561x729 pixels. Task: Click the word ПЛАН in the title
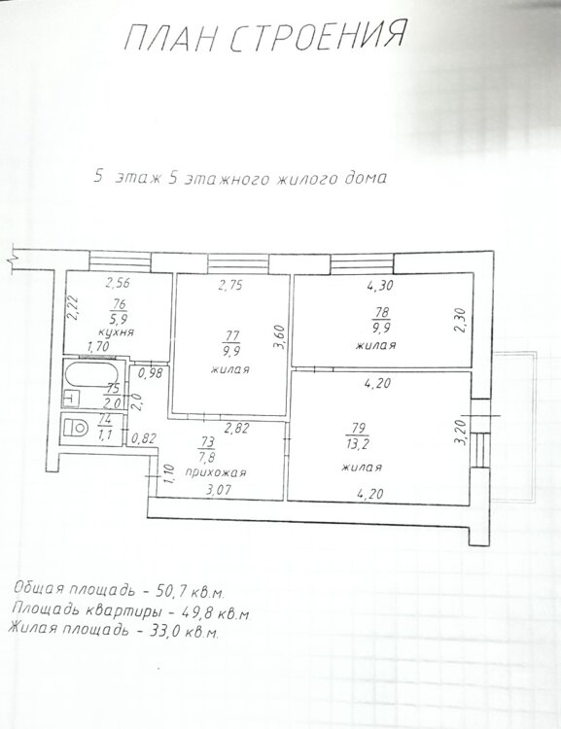(x=170, y=38)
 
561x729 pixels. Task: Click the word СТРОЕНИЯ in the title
(x=319, y=34)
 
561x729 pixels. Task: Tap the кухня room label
(x=117, y=332)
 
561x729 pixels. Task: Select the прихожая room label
(x=216, y=472)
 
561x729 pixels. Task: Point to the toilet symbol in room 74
(x=76, y=428)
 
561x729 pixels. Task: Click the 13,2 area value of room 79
(x=358, y=444)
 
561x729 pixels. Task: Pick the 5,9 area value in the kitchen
(x=120, y=320)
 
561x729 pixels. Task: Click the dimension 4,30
(x=379, y=286)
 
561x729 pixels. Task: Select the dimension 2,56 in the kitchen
(x=118, y=282)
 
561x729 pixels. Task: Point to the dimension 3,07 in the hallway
(x=218, y=489)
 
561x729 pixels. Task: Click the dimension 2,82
(x=236, y=428)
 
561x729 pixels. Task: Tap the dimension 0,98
(x=151, y=373)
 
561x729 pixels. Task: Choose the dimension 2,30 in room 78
(x=460, y=321)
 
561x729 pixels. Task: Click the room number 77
(x=231, y=336)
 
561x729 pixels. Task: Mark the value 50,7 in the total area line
(x=166, y=593)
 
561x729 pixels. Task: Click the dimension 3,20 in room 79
(x=462, y=433)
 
